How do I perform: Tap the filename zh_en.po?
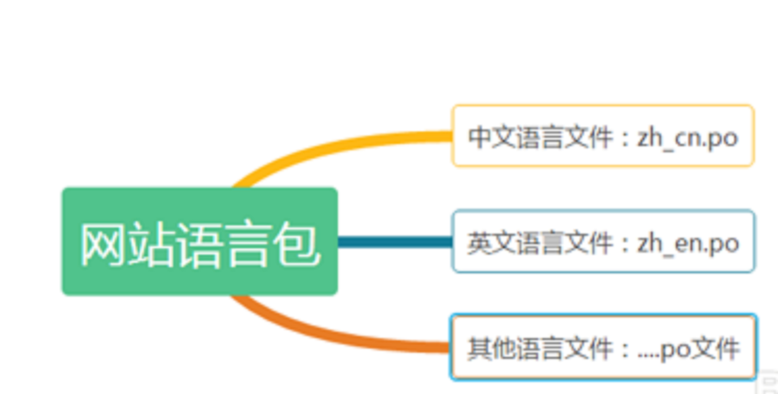pyautogui.click(x=688, y=244)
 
